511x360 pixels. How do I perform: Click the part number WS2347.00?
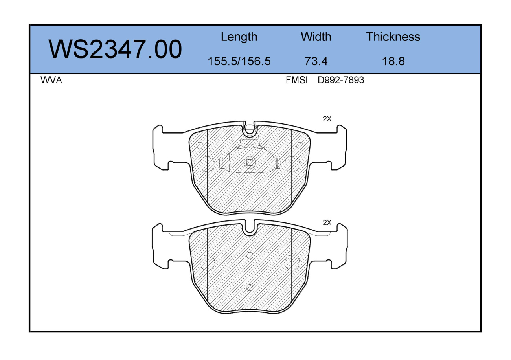pos(115,50)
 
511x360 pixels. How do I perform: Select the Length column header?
pos(239,37)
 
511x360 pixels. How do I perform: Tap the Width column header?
pos(316,37)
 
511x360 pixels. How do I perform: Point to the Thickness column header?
pos(393,37)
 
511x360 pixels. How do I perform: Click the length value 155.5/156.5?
pos(239,61)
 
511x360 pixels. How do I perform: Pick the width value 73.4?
pos(316,61)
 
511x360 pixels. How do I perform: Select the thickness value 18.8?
pos(393,61)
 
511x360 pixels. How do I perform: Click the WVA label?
pos(51,80)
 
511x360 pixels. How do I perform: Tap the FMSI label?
pos(296,80)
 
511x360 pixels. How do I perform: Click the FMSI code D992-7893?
pos(341,80)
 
